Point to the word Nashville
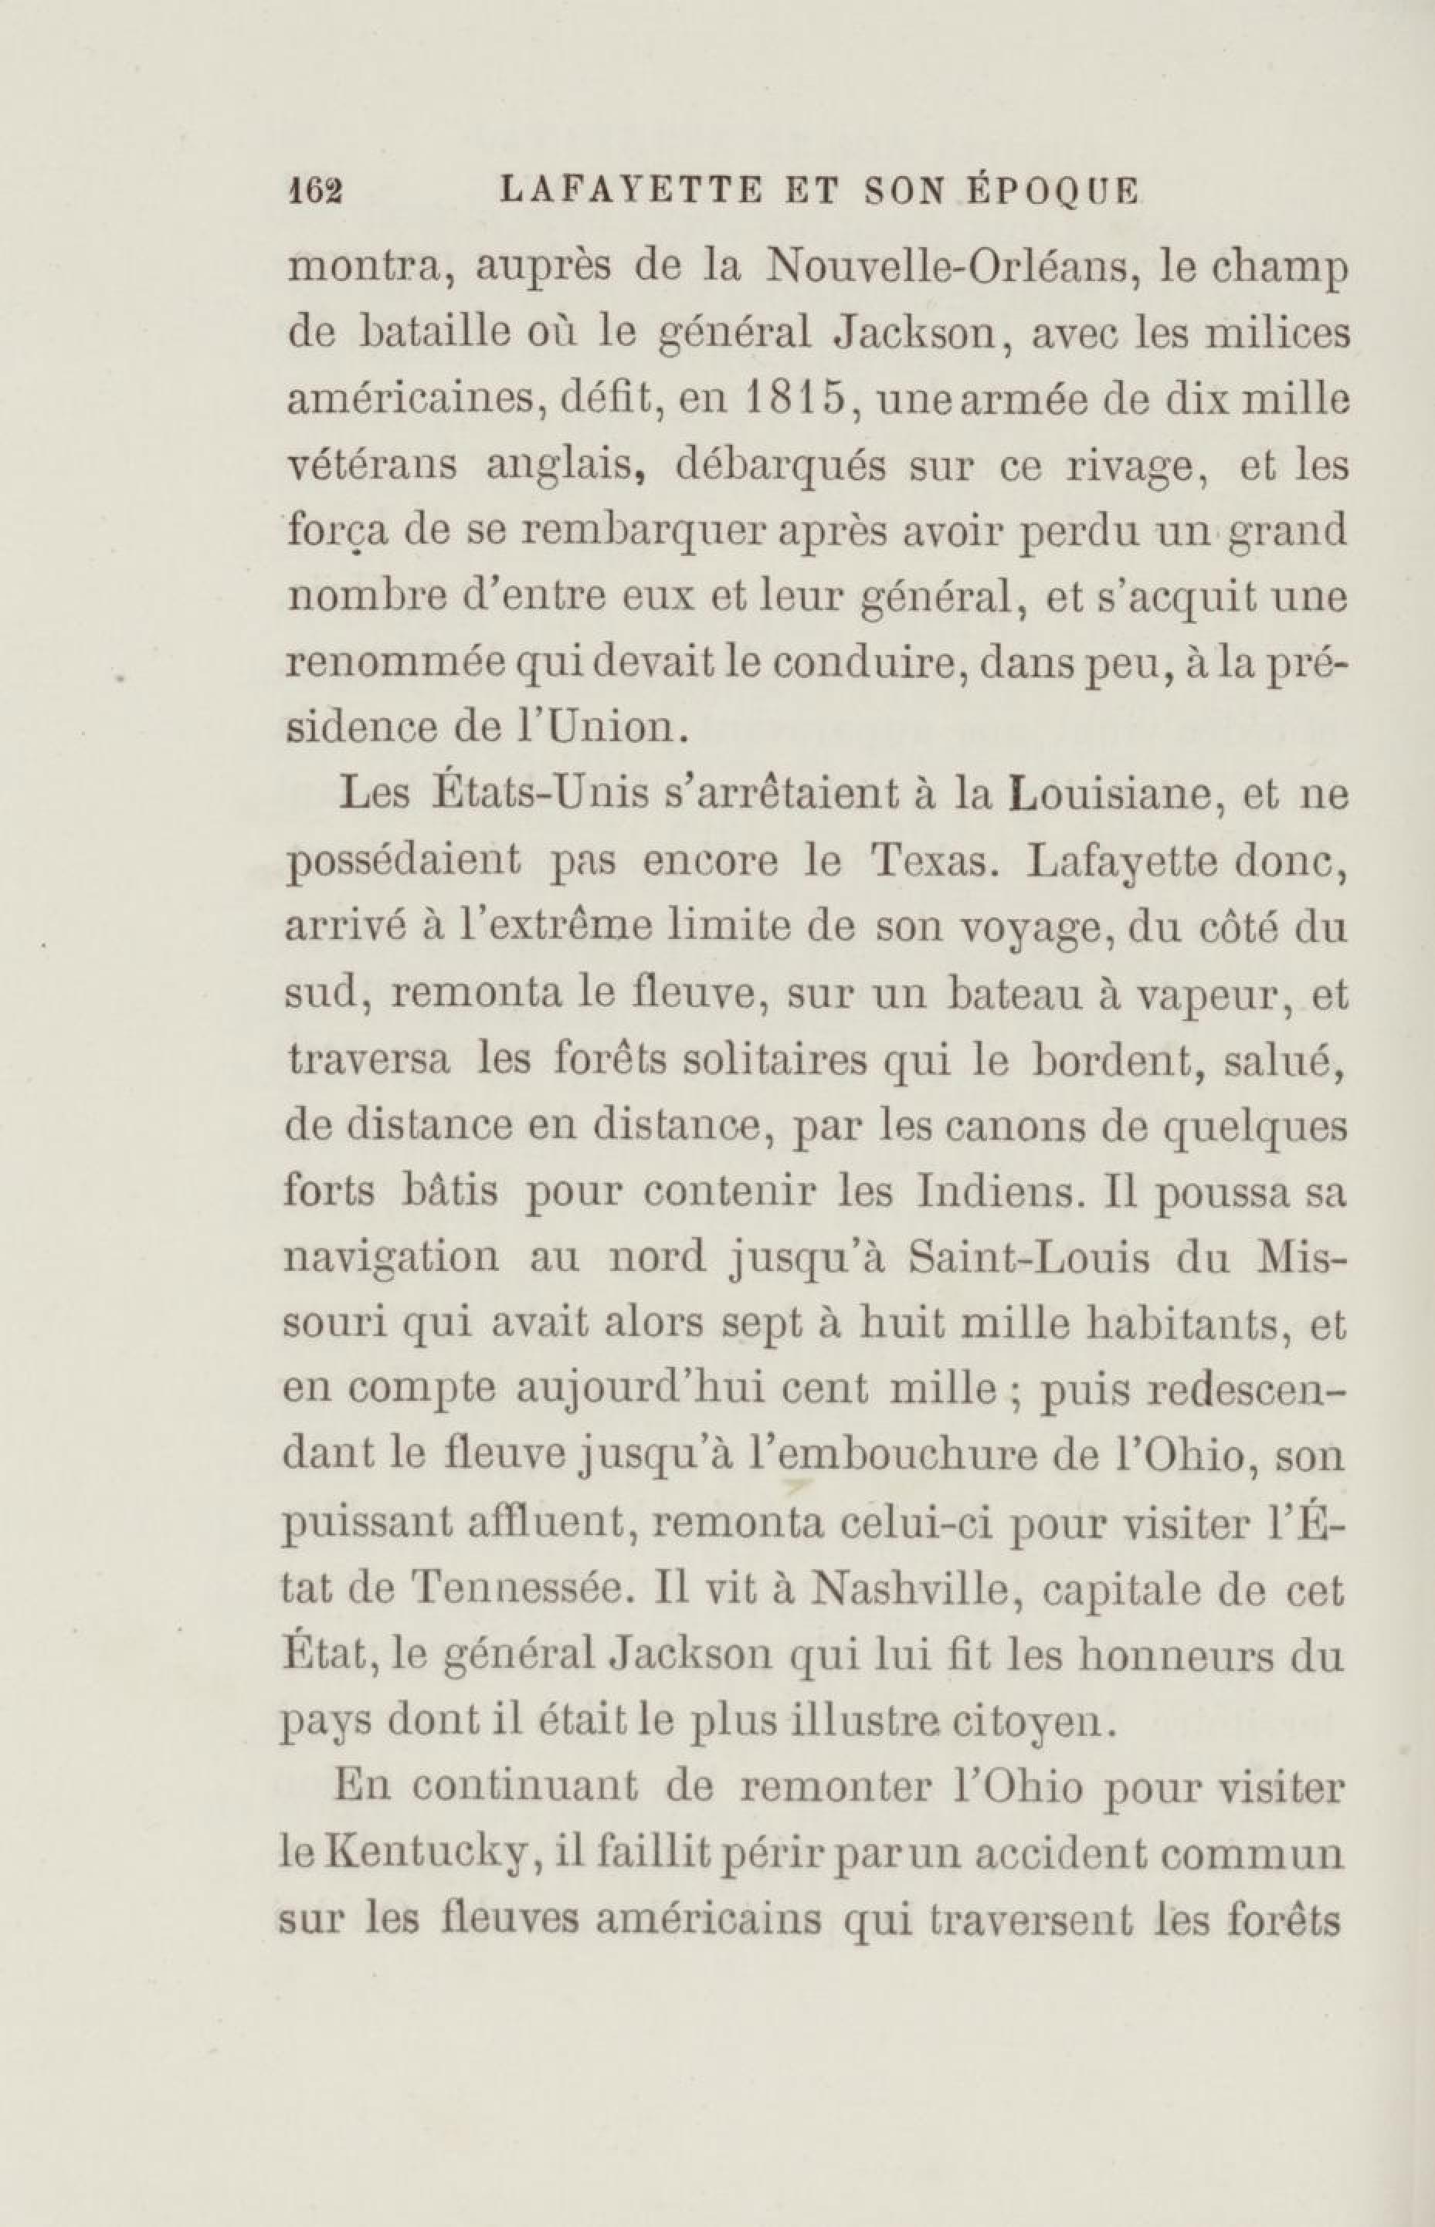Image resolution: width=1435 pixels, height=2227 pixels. click(x=912, y=1590)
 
